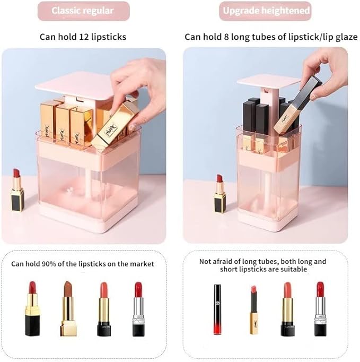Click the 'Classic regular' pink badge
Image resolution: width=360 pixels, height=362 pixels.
83,11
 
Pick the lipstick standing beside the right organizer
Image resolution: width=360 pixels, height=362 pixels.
219,194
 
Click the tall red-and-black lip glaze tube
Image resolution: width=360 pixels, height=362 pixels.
217,309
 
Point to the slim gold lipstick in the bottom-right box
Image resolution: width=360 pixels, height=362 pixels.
254,310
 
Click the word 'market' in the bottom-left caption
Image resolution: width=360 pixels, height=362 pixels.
142,264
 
